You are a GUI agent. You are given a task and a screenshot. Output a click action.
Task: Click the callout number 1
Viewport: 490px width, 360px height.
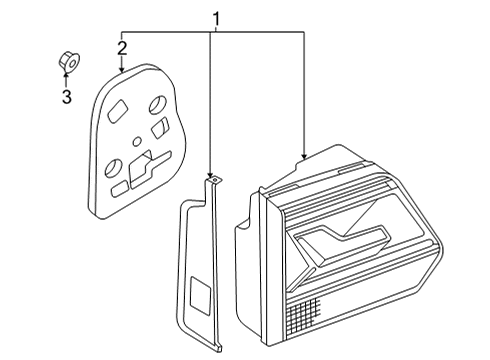(x=217, y=19)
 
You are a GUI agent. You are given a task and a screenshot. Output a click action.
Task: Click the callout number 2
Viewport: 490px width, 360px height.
(x=122, y=48)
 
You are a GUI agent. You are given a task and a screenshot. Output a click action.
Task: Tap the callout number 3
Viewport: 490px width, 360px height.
(x=67, y=97)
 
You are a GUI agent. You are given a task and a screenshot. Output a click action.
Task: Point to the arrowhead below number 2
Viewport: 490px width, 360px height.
(x=122, y=69)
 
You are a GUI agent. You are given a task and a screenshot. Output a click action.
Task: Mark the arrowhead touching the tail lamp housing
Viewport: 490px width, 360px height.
(x=304, y=155)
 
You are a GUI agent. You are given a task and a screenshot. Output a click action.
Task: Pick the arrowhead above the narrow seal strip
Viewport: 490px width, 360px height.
(x=210, y=174)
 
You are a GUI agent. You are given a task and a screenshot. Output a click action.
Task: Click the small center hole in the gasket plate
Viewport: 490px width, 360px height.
(x=136, y=141)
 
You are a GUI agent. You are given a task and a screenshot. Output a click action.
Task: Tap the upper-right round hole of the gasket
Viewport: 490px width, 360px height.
(x=157, y=104)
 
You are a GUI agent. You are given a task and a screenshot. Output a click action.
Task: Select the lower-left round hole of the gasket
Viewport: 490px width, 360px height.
(x=112, y=167)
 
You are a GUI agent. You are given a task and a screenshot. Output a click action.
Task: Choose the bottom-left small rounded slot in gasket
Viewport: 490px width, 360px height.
(x=119, y=189)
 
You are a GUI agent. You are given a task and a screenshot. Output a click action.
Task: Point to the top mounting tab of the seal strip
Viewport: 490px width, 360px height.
(x=215, y=181)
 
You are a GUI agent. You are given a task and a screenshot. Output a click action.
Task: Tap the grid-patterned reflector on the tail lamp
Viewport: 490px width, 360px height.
(x=304, y=313)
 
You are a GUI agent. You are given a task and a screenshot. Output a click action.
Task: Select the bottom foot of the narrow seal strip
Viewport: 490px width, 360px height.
(x=218, y=348)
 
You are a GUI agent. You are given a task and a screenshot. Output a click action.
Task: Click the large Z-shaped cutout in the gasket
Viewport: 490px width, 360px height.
(x=147, y=169)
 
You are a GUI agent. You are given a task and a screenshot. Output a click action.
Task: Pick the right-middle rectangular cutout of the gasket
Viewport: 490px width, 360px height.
(x=160, y=127)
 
